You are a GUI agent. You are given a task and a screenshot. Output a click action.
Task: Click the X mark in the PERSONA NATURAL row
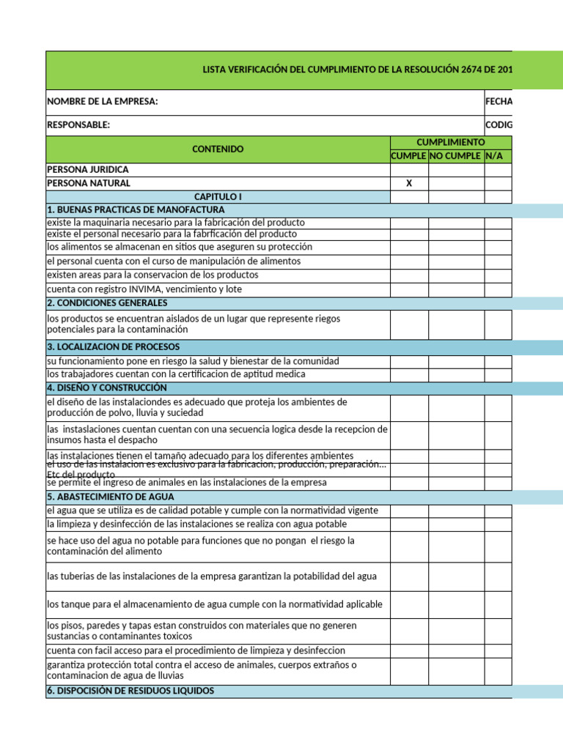[409, 184]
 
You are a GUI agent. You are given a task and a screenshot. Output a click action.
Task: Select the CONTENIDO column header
[218, 149]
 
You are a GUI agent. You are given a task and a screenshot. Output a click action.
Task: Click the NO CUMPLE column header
[455, 157]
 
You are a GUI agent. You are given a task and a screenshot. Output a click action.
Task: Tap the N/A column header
[495, 157]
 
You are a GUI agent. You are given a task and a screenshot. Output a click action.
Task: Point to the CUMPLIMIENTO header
[450, 142]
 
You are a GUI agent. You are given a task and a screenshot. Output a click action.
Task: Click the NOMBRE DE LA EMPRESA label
[103, 102]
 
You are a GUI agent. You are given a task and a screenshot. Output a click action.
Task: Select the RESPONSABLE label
[78, 125]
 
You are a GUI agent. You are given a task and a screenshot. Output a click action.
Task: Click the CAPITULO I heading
[218, 197]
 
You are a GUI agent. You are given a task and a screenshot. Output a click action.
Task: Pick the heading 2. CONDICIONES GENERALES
[107, 303]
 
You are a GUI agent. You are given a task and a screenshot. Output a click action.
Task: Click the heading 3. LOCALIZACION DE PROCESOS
[113, 347]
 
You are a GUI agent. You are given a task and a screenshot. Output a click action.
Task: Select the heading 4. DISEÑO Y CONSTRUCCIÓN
[107, 388]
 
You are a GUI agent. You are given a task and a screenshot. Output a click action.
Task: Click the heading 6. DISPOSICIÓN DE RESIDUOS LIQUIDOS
[130, 691]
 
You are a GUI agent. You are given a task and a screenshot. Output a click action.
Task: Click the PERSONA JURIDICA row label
[87, 170]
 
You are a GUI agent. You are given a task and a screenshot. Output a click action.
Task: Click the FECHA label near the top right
[498, 102]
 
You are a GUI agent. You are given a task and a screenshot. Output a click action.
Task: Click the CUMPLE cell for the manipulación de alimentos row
[409, 261]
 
